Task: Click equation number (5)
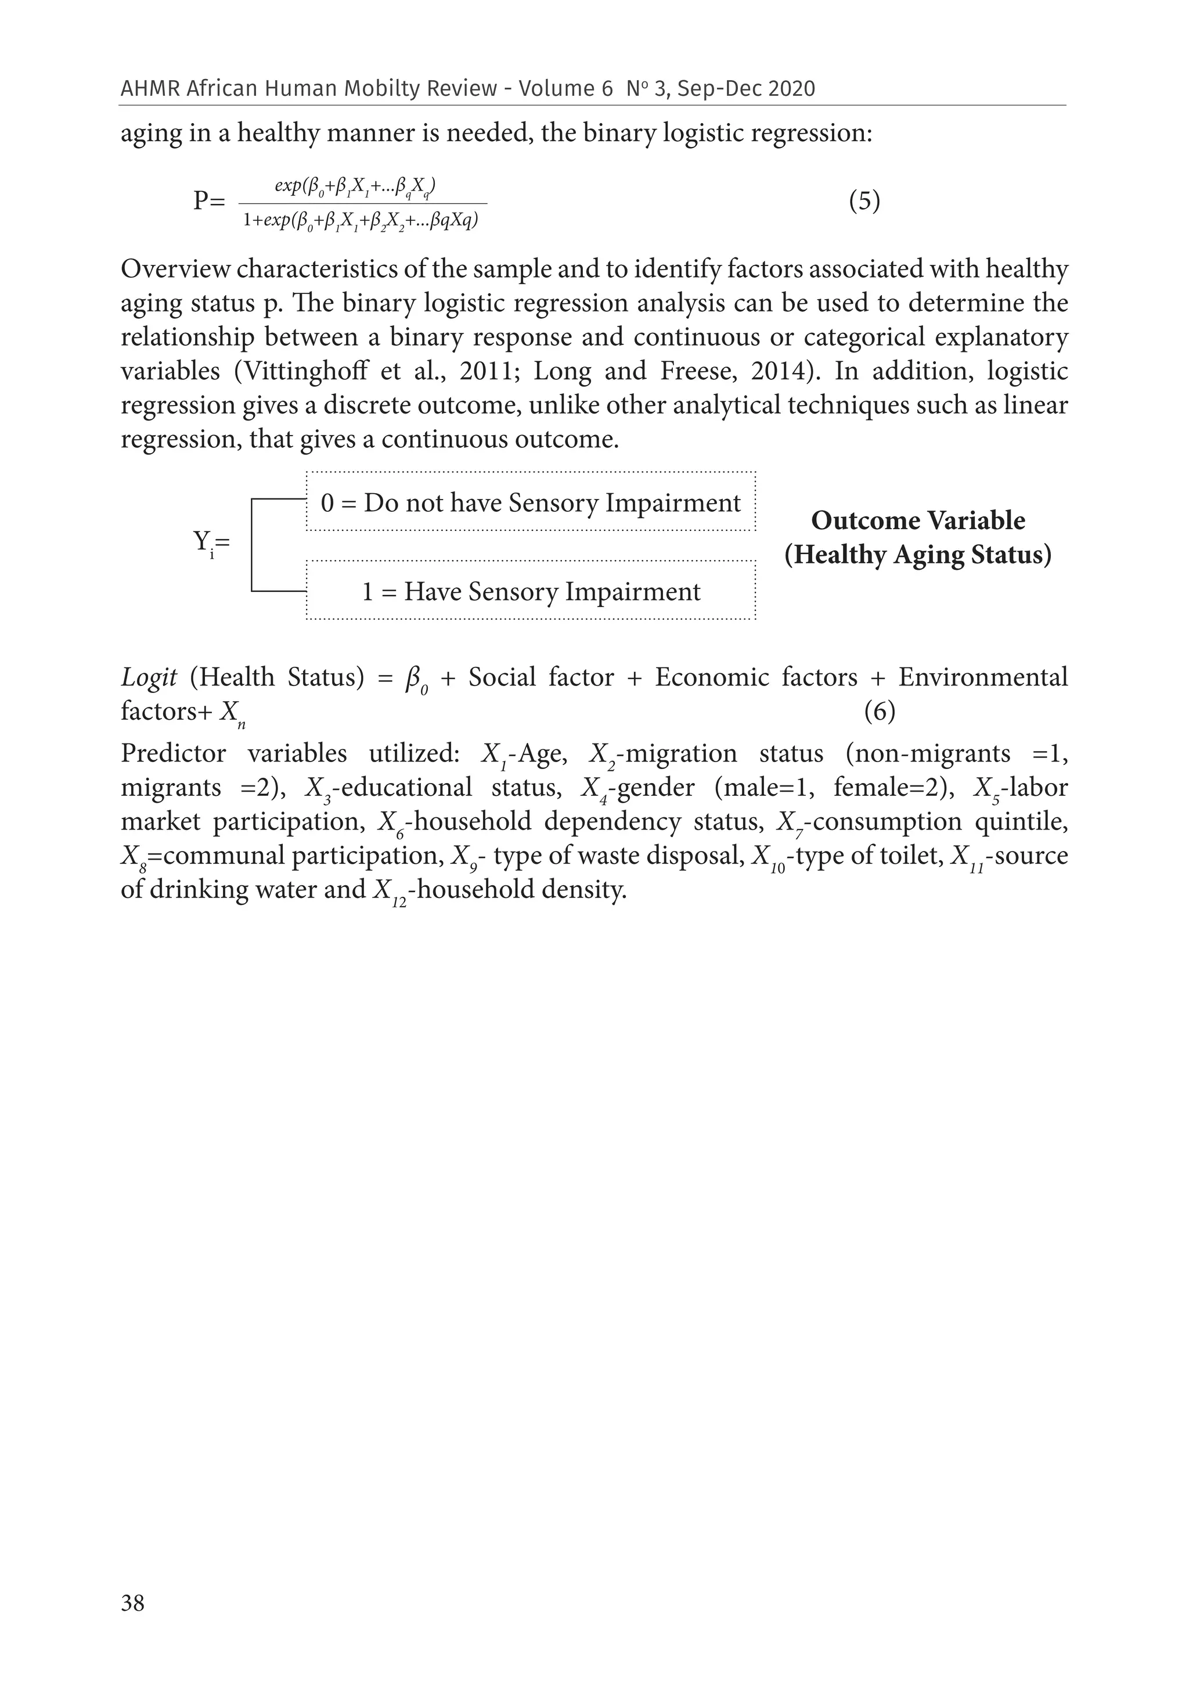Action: pyautogui.click(x=864, y=201)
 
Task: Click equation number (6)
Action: pyautogui.click(x=879, y=711)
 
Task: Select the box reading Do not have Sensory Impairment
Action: pyautogui.click(x=531, y=502)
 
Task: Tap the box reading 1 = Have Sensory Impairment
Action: pyautogui.click(x=531, y=591)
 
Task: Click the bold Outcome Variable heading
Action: pyautogui.click(x=918, y=520)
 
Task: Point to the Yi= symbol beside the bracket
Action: pyautogui.click(x=211, y=544)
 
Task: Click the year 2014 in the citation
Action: pyautogui.click(x=778, y=371)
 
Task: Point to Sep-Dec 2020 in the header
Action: pyautogui.click(x=746, y=89)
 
